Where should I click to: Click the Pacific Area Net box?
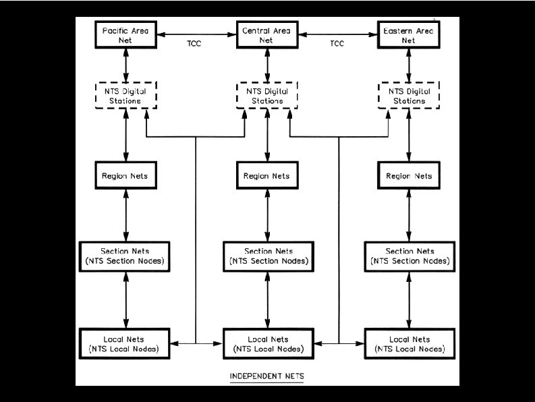coord(126,35)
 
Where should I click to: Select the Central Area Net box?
coord(268,35)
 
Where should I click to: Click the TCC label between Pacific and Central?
coord(194,45)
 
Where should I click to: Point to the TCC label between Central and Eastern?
coord(337,45)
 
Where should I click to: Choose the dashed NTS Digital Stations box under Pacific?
coord(126,96)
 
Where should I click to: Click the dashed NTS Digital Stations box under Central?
coord(268,96)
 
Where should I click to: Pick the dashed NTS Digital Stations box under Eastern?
coord(409,96)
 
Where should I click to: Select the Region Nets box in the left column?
coord(126,176)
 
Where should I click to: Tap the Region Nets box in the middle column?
coord(268,176)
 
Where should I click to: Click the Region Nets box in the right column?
coord(409,176)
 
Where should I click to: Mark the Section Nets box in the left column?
coord(126,256)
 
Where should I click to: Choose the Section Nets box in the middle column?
coord(268,256)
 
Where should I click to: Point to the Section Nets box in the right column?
coord(409,256)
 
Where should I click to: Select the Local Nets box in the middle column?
coord(268,344)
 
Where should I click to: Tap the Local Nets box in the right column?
coord(409,344)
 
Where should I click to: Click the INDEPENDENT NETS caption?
coord(267,375)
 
